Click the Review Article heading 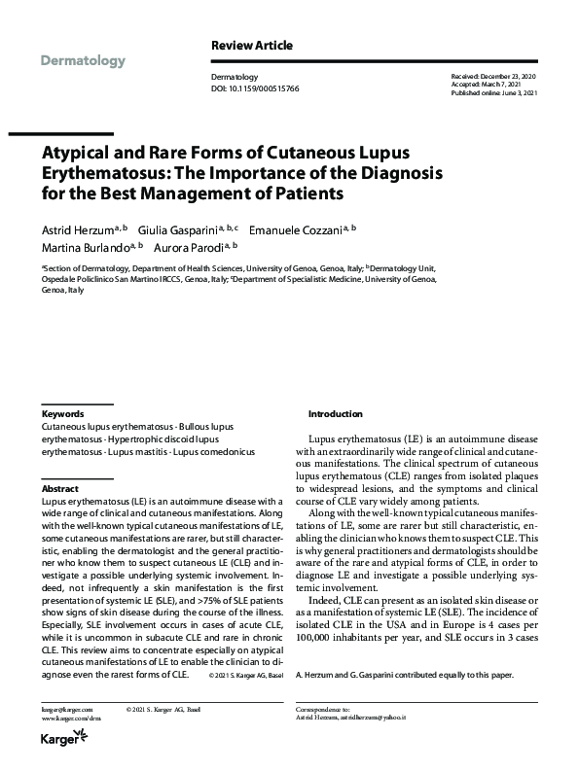click(251, 45)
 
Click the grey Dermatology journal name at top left click(84, 61)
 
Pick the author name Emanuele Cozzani click(299, 229)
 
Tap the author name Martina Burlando click(82, 249)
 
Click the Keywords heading click(62, 413)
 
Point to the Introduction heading click(335, 413)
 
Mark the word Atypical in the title click(78, 155)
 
